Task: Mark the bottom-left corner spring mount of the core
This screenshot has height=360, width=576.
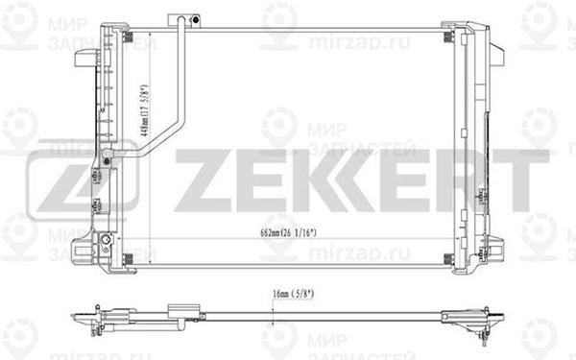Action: [127, 256]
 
